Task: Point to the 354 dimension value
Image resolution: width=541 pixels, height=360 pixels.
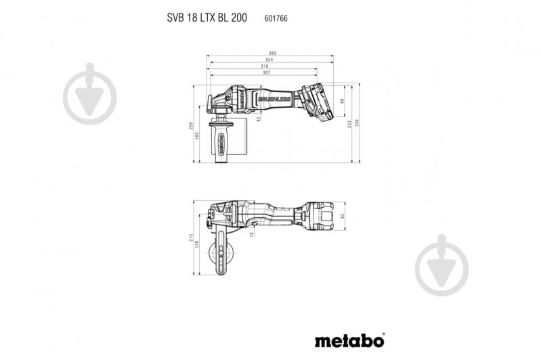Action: point(269,60)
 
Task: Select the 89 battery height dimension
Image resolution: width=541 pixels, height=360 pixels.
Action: point(343,102)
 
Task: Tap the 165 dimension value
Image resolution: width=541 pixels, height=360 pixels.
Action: point(197,136)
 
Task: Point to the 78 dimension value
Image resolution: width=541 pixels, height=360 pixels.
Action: point(252,233)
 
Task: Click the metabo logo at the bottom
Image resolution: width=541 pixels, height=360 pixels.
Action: point(349,339)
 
